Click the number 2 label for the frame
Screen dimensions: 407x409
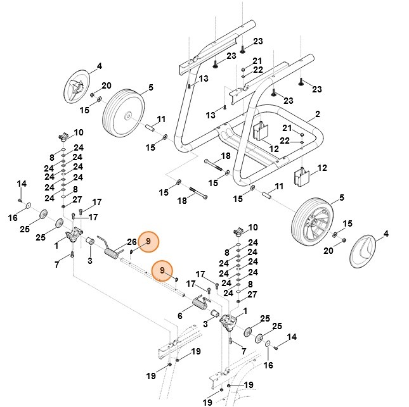pos(317,115)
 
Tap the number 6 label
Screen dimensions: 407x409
pos(180,316)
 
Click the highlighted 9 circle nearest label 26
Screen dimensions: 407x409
pos(148,241)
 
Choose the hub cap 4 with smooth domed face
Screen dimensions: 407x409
pos(363,251)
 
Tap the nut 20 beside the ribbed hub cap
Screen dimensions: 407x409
pos(93,96)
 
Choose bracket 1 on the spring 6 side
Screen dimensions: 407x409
pos(228,324)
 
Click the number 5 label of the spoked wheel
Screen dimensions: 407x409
pos(342,197)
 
